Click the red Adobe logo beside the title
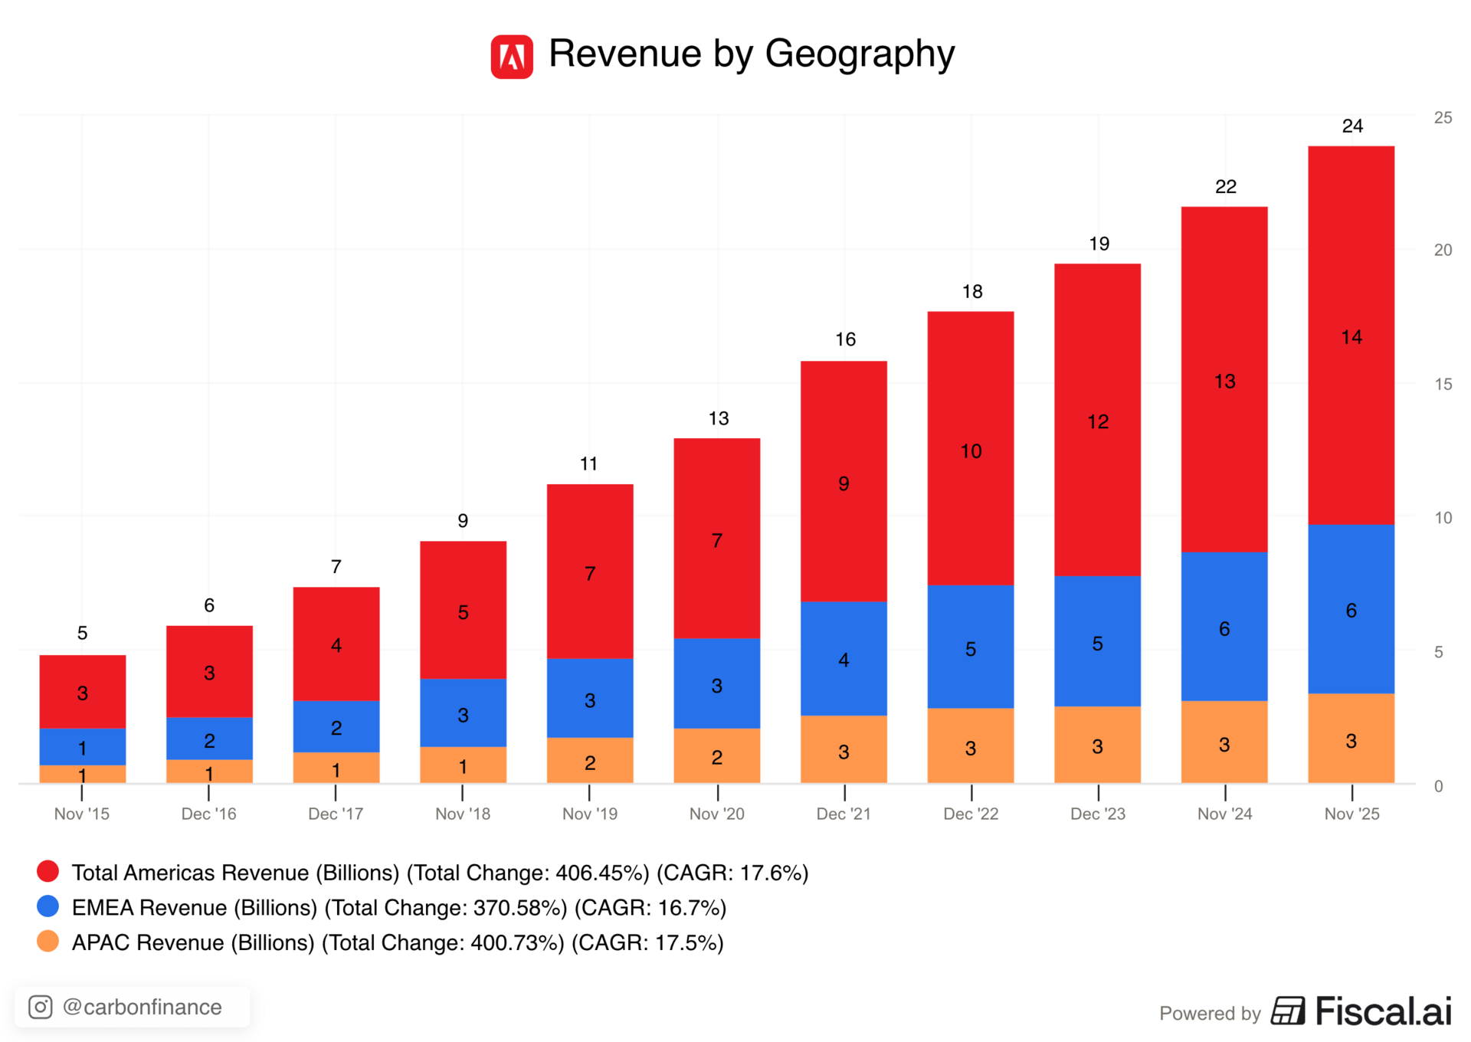tap(512, 56)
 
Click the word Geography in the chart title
tap(860, 54)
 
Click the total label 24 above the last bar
tap(1352, 126)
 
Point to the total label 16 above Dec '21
tap(845, 339)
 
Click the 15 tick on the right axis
tap(1443, 384)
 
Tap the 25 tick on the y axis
tap(1443, 117)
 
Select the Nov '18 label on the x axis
tap(463, 814)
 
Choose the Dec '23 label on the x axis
tap(1097, 814)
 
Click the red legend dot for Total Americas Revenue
tap(48, 871)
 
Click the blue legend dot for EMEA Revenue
tap(48, 906)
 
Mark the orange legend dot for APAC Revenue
tap(48, 941)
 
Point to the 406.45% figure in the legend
tap(602, 873)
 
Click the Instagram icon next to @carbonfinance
tap(41, 1007)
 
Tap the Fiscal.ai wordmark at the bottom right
tap(1383, 1011)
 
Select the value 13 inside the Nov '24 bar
tap(1224, 382)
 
